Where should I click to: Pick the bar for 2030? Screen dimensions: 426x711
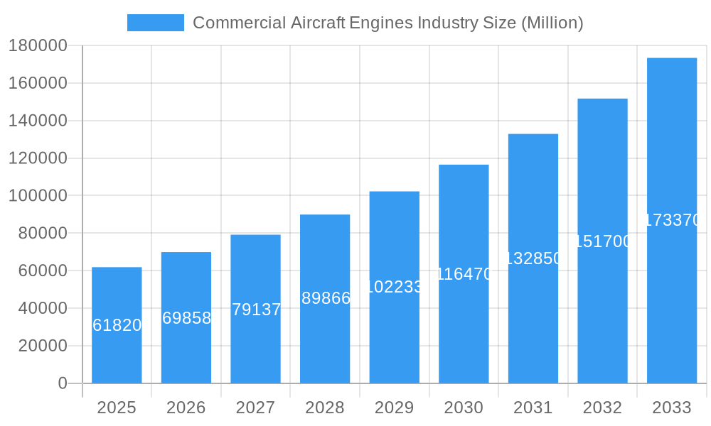[464, 327]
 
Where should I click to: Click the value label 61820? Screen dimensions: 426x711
[117, 325]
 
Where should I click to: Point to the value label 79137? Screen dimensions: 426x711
[256, 310]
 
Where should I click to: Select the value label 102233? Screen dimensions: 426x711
[395, 287]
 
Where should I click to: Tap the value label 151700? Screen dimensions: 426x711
[603, 241]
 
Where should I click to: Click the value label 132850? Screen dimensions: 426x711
[533, 258]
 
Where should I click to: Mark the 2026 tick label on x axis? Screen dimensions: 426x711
[186, 408]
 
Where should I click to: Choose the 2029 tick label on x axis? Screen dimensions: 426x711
[395, 408]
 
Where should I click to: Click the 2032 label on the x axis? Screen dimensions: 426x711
[602, 408]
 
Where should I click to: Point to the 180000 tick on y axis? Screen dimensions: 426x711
[38, 46]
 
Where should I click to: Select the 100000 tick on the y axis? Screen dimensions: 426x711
[38, 196]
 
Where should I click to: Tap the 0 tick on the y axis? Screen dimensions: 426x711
[63, 383]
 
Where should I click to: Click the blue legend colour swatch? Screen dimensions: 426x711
[155, 23]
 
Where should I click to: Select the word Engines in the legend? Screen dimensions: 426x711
[380, 23]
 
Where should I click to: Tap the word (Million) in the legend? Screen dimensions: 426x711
[552, 23]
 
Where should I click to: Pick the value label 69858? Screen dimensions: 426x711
[186, 318]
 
